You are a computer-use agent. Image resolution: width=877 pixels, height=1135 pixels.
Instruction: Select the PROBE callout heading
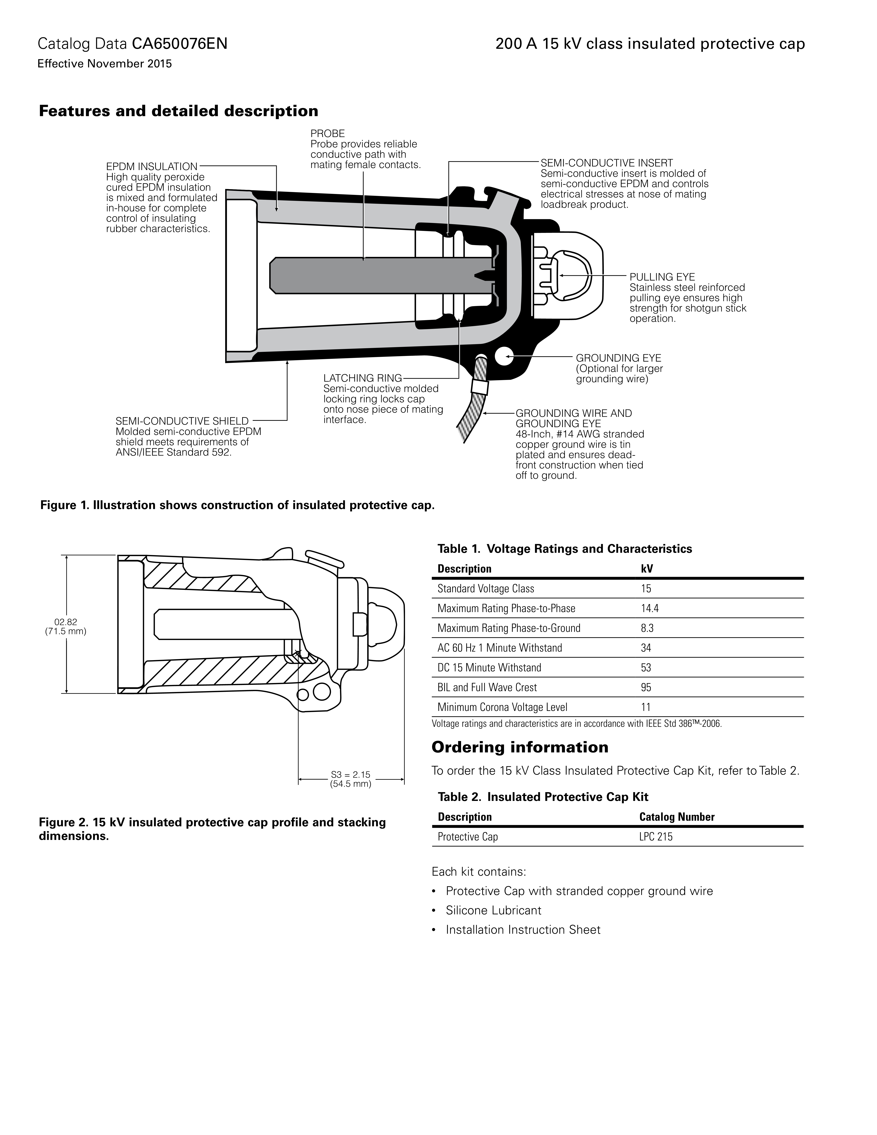[x=327, y=134]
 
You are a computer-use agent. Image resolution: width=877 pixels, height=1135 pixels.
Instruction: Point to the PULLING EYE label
[x=662, y=277]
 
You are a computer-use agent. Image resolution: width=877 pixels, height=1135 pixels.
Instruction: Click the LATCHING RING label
[x=362, y=378]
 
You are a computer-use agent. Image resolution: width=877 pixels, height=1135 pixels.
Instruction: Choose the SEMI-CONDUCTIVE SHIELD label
[x=182, y=421]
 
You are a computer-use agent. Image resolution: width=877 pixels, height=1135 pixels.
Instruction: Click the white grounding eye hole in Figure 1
[x=504, y=356]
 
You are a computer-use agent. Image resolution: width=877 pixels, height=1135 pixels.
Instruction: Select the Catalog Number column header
[x=676, y=817]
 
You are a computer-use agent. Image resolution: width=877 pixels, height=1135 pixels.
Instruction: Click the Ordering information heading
[x=519, y=747]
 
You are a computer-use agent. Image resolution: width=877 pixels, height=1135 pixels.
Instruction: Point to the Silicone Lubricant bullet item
[x=493, y=911]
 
